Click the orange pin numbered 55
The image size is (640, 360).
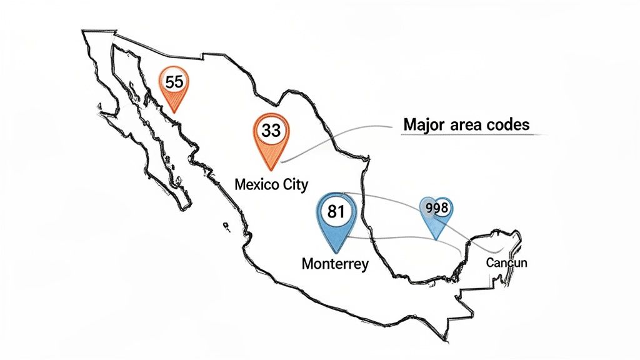click(x=174, y=87)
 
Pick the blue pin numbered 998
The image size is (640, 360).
click(x=436, y=214)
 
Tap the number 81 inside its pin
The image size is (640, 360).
click(x=336, y=211)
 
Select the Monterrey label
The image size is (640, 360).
click(x=335, y=263)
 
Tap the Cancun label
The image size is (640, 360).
click(x=506, y=262)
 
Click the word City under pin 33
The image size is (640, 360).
click(x=293, y=185)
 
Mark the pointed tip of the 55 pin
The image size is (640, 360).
click(x=174, y=112)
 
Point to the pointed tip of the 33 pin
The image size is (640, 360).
click(x=271, y=170)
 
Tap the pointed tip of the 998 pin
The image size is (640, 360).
click(x=437, y=239)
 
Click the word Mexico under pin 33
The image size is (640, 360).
click(x=257, y=185)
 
